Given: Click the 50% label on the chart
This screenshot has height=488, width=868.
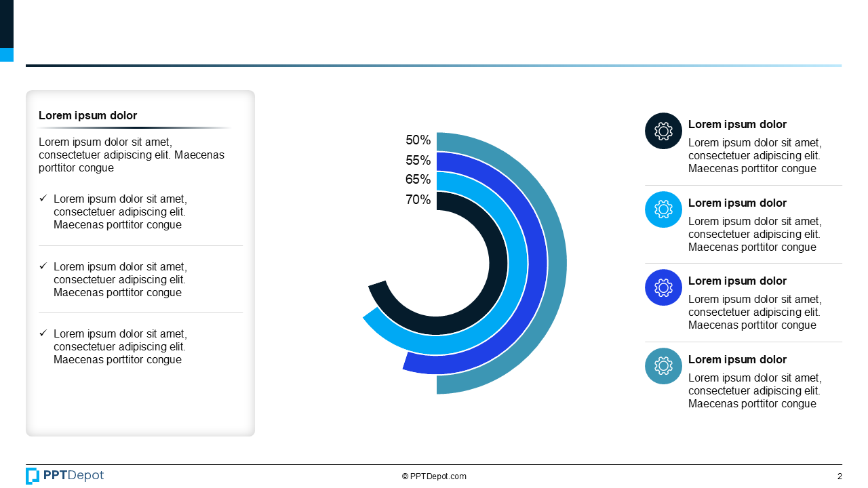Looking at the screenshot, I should tap(418, 140).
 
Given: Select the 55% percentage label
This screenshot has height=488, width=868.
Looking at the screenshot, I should tap(418, 161).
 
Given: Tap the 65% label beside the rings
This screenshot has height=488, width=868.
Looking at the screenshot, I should tap(418, 180).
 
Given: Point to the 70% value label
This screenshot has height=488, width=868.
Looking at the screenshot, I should tap(418, 200).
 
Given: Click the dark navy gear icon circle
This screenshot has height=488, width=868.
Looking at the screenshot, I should tap(663, 131).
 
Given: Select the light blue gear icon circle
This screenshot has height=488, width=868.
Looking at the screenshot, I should tap(663, 209).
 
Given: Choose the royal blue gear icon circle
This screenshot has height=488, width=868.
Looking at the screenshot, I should tap(663, 287).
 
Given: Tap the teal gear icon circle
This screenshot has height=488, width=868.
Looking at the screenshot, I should tap(663, 366).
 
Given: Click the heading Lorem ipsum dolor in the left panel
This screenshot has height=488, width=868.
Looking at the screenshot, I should tap(87, 116).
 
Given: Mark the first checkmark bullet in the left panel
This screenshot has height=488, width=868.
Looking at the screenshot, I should tap(43, 199).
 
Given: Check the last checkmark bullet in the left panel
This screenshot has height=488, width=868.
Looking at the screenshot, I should tap(43, 333).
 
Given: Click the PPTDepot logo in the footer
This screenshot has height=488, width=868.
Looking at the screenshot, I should tap(64, 476).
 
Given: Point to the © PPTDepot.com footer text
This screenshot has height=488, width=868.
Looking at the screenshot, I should tap(434, 476).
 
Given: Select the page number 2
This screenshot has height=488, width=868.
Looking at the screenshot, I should tap(840, 476).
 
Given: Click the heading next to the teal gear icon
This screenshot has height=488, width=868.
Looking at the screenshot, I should tap(737, 360).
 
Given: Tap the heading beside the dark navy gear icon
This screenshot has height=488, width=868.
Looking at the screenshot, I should tap(737, 125).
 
